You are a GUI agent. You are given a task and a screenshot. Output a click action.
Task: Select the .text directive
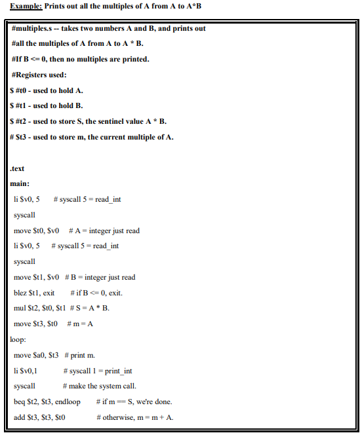[18, 168]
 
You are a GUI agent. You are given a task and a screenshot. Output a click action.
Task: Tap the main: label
[20, 184]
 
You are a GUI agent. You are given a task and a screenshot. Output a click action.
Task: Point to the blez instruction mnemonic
[21, 293]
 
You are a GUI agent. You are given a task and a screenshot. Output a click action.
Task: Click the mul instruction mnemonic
[20, 309]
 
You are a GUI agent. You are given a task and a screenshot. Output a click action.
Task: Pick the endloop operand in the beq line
[69, 402]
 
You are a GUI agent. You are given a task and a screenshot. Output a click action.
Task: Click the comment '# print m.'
[80, 355]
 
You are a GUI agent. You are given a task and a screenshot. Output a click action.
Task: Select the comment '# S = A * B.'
[89, 309]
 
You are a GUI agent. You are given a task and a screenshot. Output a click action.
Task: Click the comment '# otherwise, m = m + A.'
[134, 417]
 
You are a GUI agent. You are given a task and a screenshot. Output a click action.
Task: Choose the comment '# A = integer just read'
[104, 231]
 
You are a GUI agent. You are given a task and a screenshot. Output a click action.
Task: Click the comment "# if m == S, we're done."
[134, 402]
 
